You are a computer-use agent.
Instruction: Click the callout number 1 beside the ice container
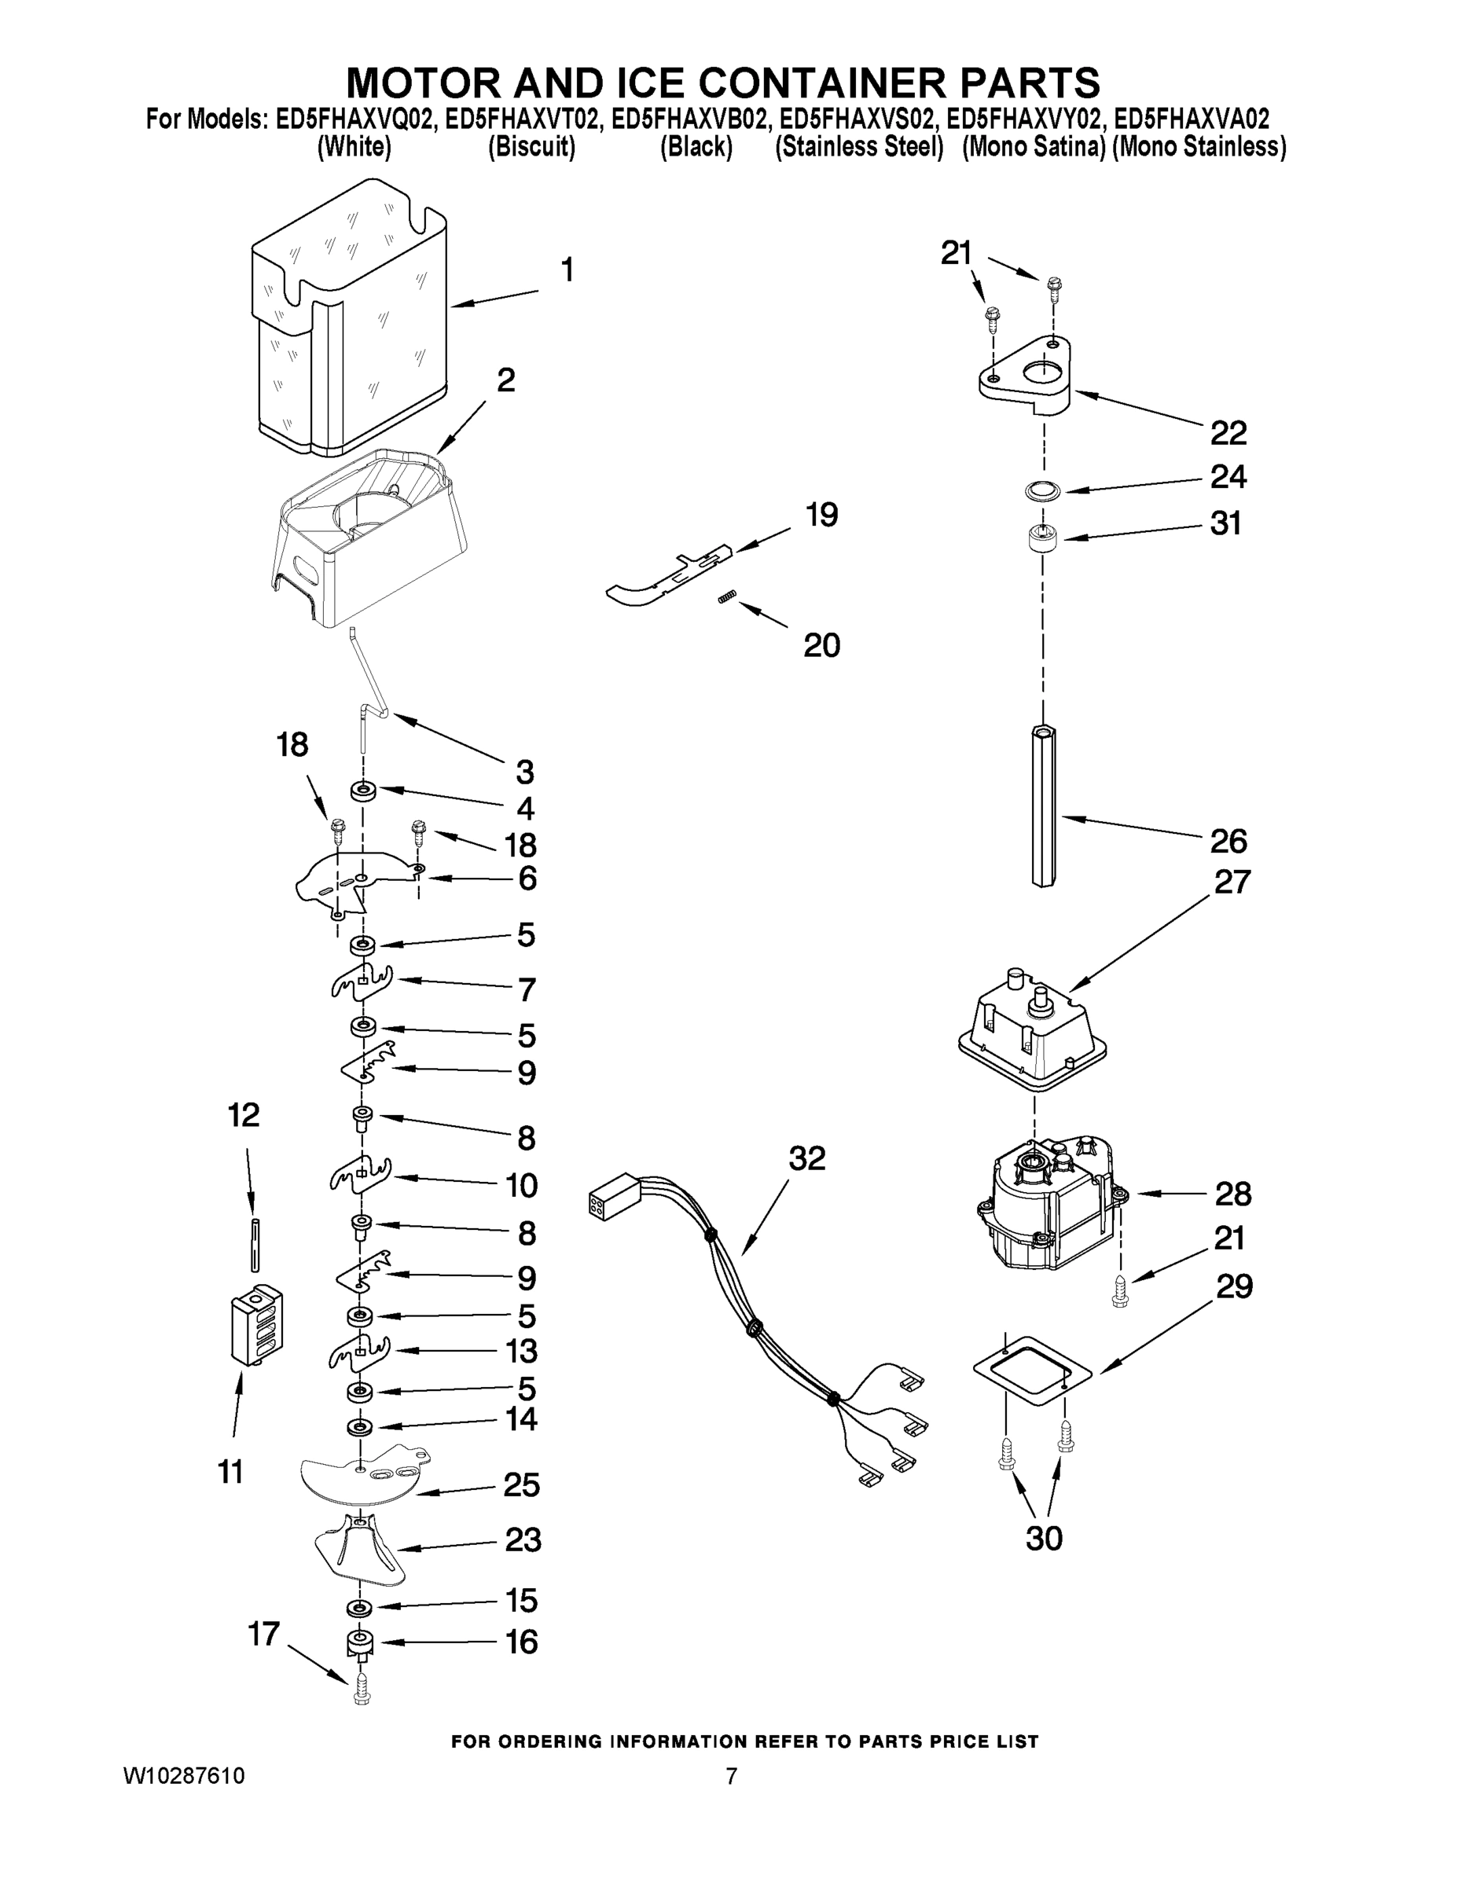point(567,271)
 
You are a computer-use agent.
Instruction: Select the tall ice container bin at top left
point(350,320)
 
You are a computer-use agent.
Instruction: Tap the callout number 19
point(821,516)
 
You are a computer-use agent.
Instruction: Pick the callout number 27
point(1232,882)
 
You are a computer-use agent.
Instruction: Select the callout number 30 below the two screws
point(1044,1538)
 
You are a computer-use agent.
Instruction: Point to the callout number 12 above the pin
point(244,1115)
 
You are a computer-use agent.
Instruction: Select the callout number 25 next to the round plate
point(522,1485)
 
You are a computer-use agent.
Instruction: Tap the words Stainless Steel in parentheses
point(858,148)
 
